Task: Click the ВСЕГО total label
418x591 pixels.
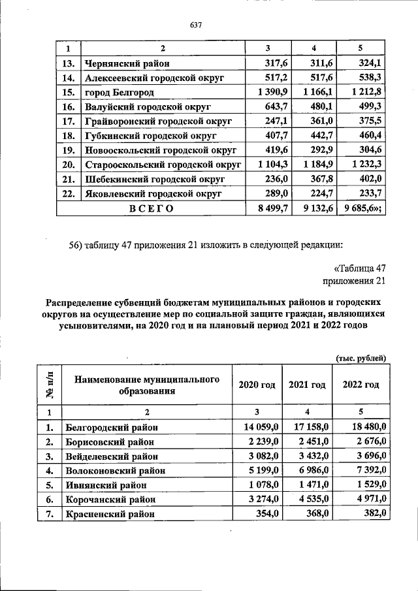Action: (151, 208)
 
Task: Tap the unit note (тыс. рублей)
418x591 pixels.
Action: (361, 357)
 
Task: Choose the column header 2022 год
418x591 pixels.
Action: (361, 385)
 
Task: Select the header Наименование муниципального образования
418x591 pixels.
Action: (146, 385)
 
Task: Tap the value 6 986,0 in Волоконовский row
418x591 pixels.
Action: (309, 471)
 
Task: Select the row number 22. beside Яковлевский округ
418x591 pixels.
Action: (67, 194)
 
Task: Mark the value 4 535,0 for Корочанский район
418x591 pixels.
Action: (309, 500)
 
